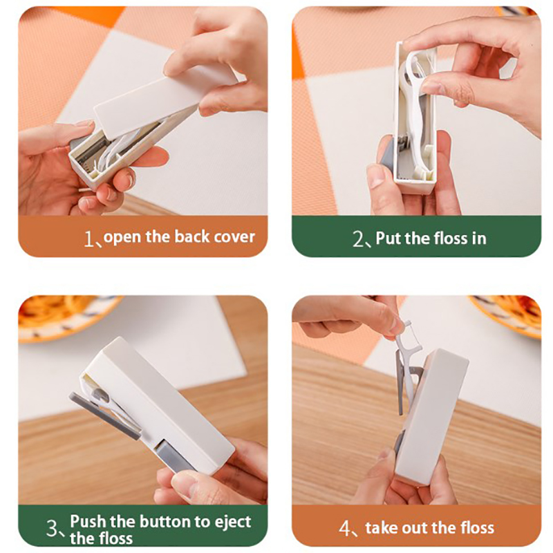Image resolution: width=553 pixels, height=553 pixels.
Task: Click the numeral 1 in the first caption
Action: [x=88, y=239]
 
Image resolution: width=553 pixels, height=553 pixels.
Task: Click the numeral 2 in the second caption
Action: [x=358, y=239]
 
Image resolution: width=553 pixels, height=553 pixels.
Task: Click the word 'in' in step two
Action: [x=478, y=238]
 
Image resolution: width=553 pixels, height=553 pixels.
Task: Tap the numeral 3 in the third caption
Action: [x=52, y=529]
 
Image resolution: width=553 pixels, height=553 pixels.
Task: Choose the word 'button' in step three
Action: [x=165, y=522]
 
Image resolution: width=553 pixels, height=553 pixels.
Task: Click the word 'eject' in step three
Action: [x=233, y=523]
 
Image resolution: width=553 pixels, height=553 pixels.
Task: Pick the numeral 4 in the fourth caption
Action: [x=344, y=528]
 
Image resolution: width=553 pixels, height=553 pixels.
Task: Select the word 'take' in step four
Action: [x=381, y=528]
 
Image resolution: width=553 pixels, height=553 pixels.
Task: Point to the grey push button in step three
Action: [x=172, y=454]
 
